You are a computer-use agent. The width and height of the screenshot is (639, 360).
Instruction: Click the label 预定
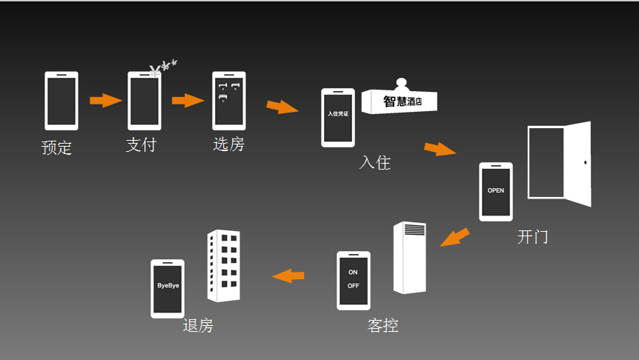coord(57,147)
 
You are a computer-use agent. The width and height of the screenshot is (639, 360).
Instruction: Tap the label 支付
coord(141,144)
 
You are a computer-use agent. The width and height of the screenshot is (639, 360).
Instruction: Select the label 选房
coord(228,144)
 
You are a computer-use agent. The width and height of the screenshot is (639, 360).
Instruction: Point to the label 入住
coord(375,162)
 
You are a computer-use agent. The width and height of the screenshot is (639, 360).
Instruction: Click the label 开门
coord(532,237)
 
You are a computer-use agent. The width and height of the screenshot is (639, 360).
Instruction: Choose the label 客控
coord(383,325)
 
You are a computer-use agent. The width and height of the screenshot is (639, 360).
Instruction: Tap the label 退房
coord(198,325)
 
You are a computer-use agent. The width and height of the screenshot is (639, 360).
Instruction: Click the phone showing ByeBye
coord(168,288)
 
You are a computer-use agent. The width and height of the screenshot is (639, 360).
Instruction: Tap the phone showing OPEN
coord(495,191)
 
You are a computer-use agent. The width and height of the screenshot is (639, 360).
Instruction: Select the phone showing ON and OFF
coord(353,280)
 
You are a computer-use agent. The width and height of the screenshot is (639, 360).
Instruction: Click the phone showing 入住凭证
coord(337,117)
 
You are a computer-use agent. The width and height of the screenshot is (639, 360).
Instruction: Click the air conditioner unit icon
coord(410,257)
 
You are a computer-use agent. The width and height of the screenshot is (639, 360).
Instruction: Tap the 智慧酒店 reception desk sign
coord(400,101)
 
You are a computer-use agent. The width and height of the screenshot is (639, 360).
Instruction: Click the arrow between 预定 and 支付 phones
coord(105,100)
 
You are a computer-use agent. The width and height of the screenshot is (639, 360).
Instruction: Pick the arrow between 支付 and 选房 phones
coord(188,100)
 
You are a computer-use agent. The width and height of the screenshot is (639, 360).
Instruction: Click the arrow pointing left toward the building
coord(288,276)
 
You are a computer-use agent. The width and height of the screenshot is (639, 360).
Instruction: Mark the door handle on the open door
coord(585,162)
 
